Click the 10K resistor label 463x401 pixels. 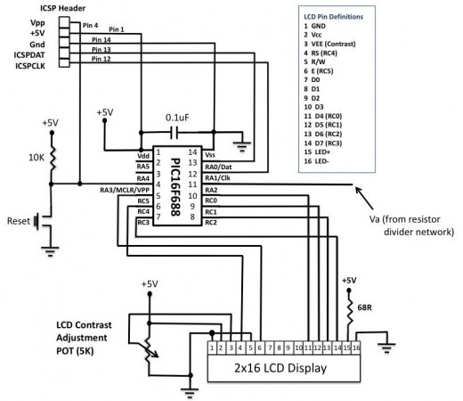(x=36, y=157)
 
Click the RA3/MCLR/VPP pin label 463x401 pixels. (x=124, y=189)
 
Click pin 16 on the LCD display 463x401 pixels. (x=358, y=347)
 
